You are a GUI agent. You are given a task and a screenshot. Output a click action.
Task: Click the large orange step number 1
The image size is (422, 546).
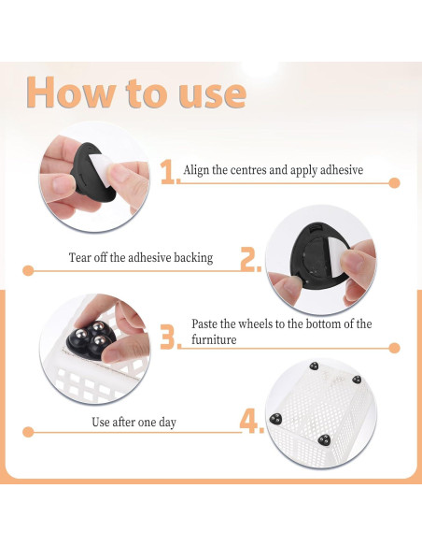point(169,172)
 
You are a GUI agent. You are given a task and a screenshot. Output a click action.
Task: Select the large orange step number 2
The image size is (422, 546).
point(248,259)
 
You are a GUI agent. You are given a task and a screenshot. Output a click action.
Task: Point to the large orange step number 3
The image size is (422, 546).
point(168,338)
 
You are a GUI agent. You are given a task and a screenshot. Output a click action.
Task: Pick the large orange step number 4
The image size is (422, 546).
point(249,422)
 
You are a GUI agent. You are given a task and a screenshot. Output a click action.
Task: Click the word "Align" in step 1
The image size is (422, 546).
point(196,170)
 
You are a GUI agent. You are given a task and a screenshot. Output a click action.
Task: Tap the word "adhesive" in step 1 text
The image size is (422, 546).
point(342,170)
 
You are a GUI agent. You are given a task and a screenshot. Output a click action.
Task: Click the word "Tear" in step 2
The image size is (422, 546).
point(78,258)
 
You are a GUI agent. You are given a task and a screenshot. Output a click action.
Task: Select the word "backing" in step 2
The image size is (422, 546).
point(193,258)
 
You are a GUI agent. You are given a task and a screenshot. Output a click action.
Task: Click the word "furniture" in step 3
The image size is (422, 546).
point(214,339)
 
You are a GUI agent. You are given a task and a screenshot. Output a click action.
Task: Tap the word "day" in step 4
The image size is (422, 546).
point(167,423)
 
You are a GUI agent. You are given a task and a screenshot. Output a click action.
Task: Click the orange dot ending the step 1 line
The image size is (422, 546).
point(394,183)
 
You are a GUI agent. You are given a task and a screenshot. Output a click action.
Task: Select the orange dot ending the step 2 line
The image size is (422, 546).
point(28,270)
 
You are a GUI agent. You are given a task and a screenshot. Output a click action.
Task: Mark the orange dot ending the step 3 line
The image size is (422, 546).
point(394,348)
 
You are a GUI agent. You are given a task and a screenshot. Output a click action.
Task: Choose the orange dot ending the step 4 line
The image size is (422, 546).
point(28,432)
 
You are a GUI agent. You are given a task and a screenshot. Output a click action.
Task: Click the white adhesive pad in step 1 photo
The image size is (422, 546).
point(101,167)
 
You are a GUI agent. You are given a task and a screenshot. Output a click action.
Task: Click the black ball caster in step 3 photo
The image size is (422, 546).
point(90,338)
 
